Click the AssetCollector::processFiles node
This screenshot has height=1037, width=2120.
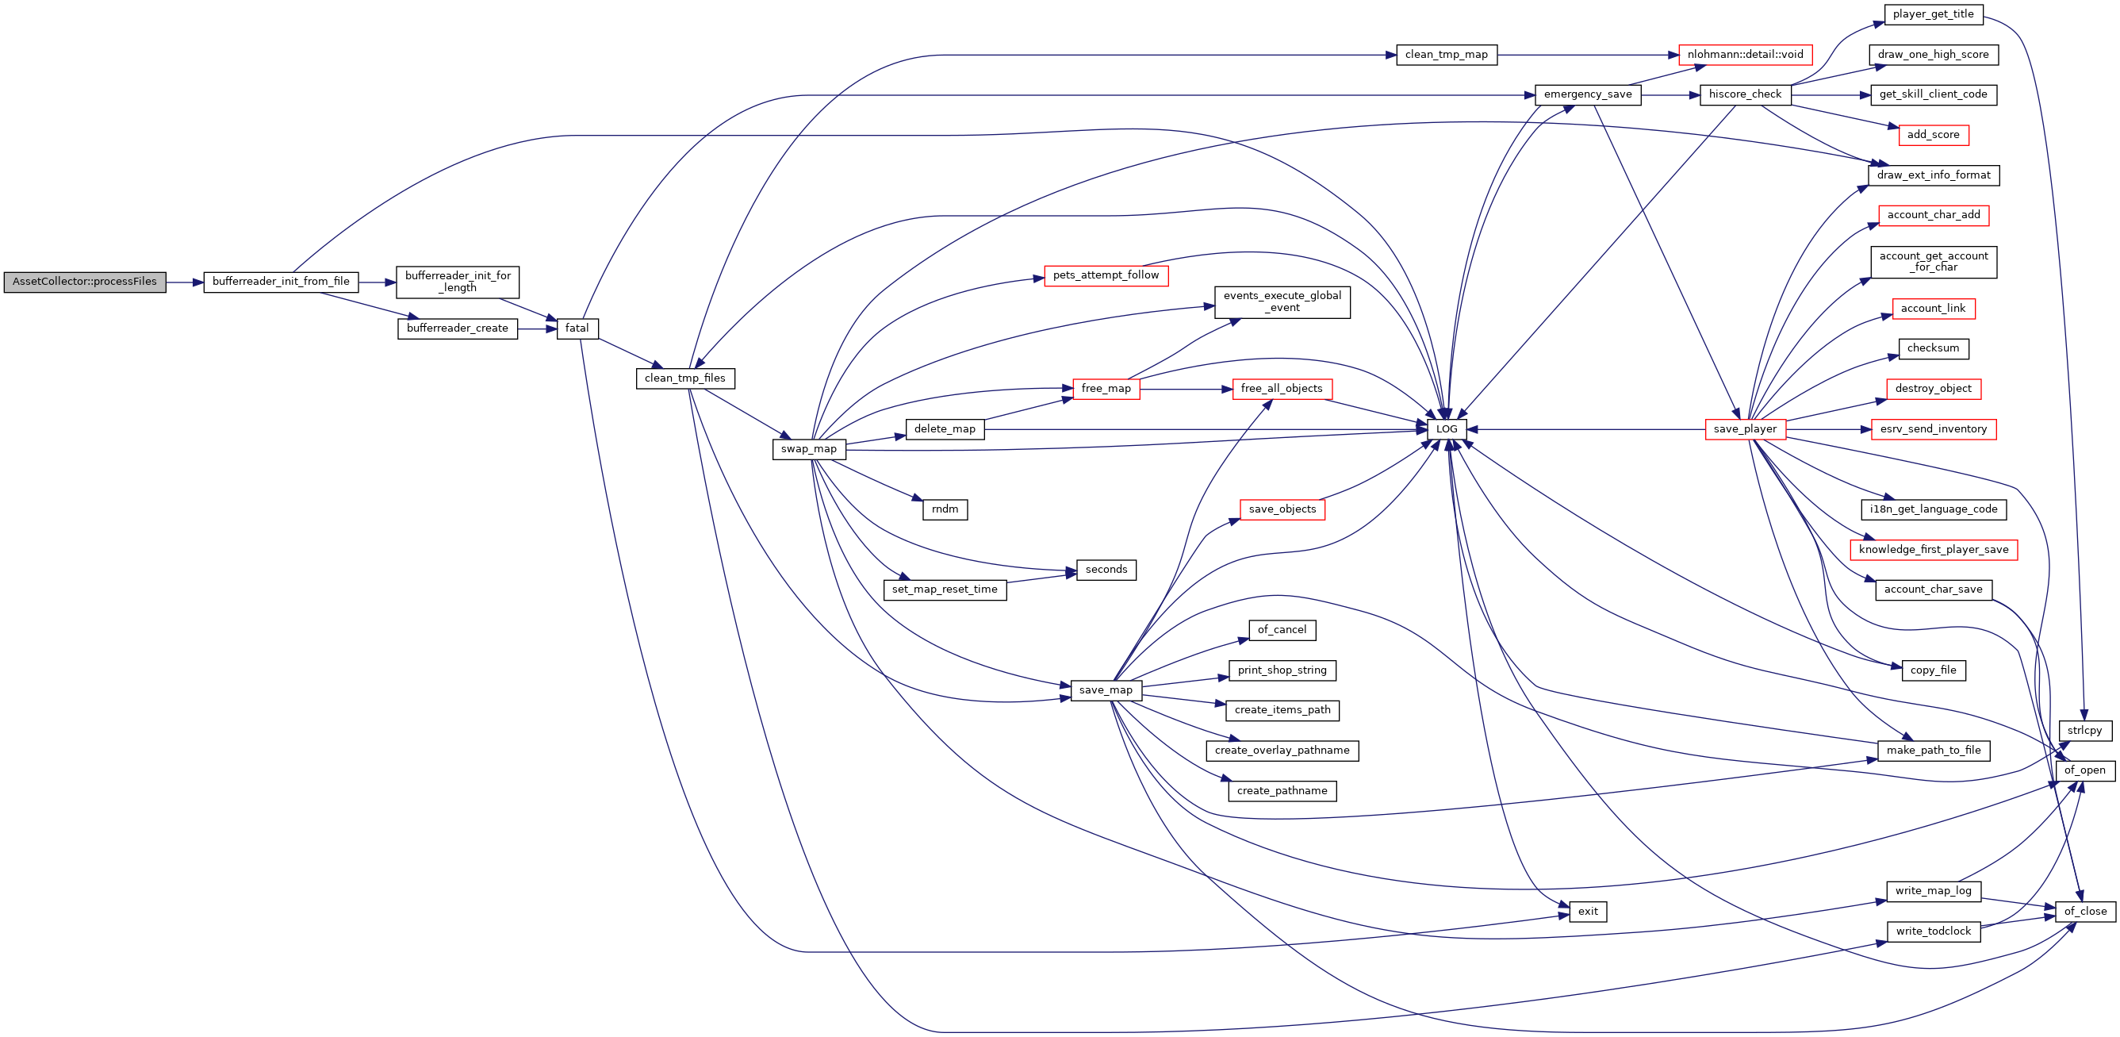(x=85, y=282)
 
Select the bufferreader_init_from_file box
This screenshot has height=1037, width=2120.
(x=281, y=282)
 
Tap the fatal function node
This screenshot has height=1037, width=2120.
(x=577, y=328)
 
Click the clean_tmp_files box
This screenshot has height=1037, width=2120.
(x=684, y=378)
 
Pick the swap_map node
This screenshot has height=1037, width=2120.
(x=808, y=449)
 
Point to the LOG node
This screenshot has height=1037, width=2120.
(x=1446, y=429)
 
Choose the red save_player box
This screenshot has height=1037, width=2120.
(x=1745, y=429)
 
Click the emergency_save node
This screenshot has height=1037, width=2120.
(x=1588, y=94)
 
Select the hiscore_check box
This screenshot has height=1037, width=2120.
(x=1745, y=94)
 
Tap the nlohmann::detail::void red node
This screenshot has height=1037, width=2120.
(x=1745, y=55)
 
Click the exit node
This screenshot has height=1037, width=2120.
(x=1588, y=912)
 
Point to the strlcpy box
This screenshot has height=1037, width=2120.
(x=2084, y=731)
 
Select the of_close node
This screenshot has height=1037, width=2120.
(x=2084, y=912)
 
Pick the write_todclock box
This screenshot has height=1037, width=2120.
(x=1933, y=931)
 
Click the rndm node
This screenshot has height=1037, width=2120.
(x=945, y=510)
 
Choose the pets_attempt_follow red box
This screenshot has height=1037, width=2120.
(x=1106, y=275)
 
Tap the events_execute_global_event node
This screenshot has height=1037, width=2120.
(x=1282, y=302)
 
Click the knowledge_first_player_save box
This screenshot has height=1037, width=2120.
(x=1933, y=550)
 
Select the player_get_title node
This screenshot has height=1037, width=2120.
(x=1932, y=15)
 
